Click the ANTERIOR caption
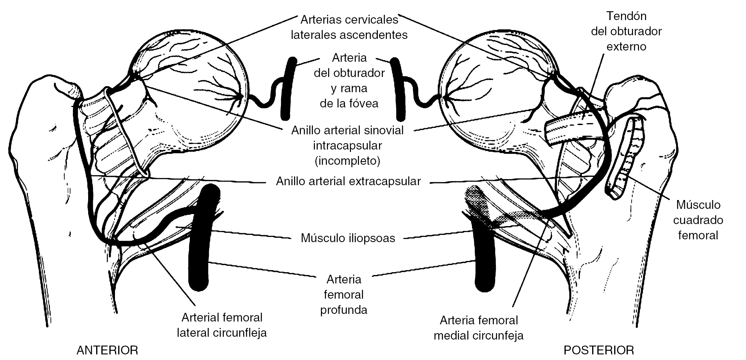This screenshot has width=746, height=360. (107, 350)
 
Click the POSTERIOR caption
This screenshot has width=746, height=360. (599, 350)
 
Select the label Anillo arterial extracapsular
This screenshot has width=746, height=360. (348, 181)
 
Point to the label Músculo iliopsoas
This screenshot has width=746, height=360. (348, 238)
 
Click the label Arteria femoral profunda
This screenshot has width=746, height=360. (344, 294)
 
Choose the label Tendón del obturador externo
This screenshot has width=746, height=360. (626, 31)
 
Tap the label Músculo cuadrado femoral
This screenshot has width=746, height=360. (698, 220)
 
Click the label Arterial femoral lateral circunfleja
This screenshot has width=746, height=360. (222, 325)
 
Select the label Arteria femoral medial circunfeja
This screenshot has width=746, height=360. (478, 328)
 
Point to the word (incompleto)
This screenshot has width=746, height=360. (347, 161)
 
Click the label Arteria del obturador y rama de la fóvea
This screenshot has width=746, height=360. (349, 81)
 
